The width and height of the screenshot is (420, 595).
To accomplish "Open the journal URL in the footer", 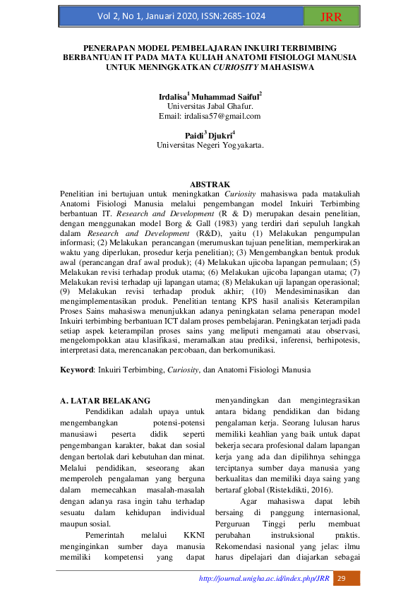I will tap(265, 579).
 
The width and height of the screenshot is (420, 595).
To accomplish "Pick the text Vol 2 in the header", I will tap(111, 16).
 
